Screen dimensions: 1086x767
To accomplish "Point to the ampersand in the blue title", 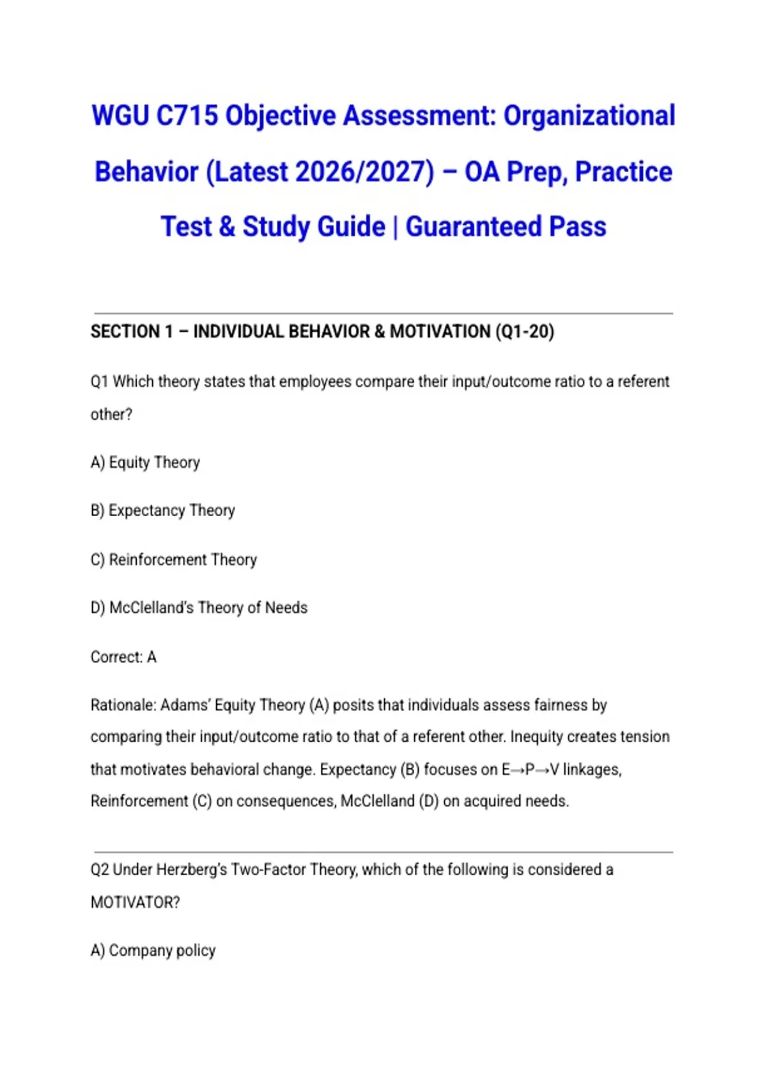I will click(x=227, y=227).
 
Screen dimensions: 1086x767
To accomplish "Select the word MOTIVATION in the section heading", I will click(x=440, y=332).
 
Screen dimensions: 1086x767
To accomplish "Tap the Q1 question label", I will click(x=99, y=382).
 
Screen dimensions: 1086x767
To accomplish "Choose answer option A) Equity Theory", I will click(x=145, y=463).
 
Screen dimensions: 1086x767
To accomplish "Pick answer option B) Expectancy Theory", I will click(x=162, y=510).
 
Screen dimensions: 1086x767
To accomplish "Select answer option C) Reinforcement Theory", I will click(x=173, y=560).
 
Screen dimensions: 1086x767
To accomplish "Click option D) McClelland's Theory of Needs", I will click(x=199, y=608).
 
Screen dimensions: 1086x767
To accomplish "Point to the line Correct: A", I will click(x=123, y=657).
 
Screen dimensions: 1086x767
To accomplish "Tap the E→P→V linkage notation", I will click(x=530, y=770).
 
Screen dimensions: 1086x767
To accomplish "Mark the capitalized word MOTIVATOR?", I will click(x=135, y=903).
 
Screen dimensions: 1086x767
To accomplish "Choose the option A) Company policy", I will click(x=153, y=951).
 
